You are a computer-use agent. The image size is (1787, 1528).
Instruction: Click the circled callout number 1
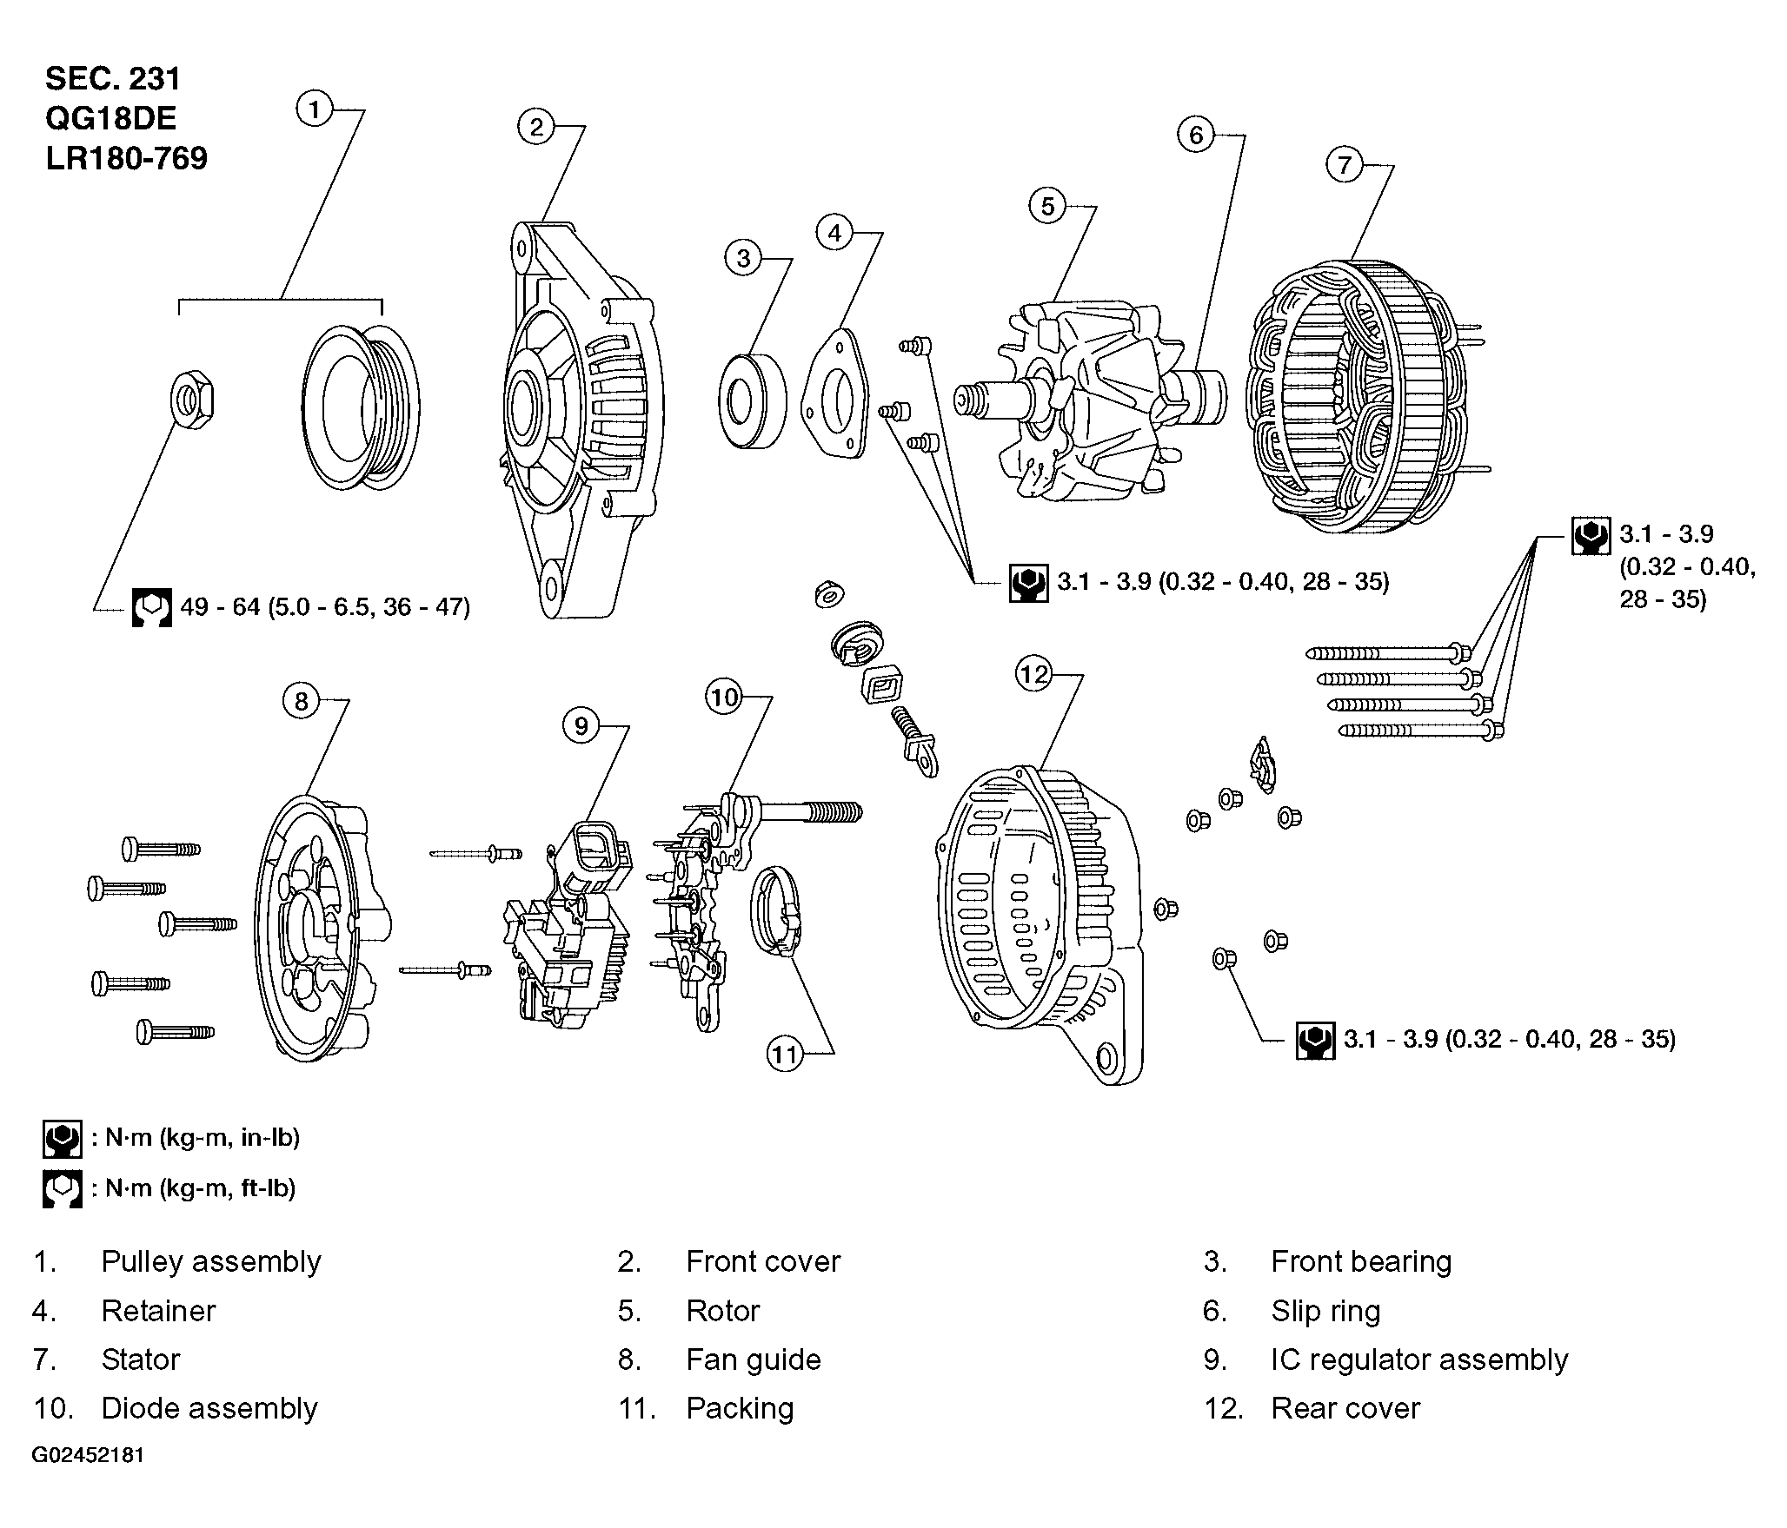click(315, 110)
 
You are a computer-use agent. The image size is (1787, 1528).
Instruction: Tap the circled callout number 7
click(1345, 165)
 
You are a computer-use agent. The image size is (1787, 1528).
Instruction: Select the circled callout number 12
click(1034, 675)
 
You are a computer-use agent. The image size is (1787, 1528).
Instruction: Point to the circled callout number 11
click(784, 1055)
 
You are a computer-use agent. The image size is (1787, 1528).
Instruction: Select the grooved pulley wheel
click(361, 407)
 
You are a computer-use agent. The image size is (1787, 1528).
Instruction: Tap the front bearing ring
click(752, 400)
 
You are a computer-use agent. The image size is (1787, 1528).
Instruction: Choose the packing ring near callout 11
click(776, 912)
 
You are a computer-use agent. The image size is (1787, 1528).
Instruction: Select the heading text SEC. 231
click(113, 79)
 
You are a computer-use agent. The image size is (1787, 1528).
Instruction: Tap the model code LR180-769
click(127, 159)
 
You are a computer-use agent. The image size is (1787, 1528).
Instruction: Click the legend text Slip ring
click(1325, 1311)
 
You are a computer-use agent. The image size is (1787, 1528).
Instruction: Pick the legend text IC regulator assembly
click(1418, 1359)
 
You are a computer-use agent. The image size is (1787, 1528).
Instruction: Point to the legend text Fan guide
click(753, 1359)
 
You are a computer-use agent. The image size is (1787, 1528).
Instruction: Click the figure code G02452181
click(88, 1455)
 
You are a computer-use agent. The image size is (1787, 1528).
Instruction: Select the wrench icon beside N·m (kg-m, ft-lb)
click(62, 1188)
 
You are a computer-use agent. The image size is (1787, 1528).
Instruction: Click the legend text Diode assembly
click(209, 1408)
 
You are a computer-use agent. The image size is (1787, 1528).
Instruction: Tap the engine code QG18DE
click(111, 119)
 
